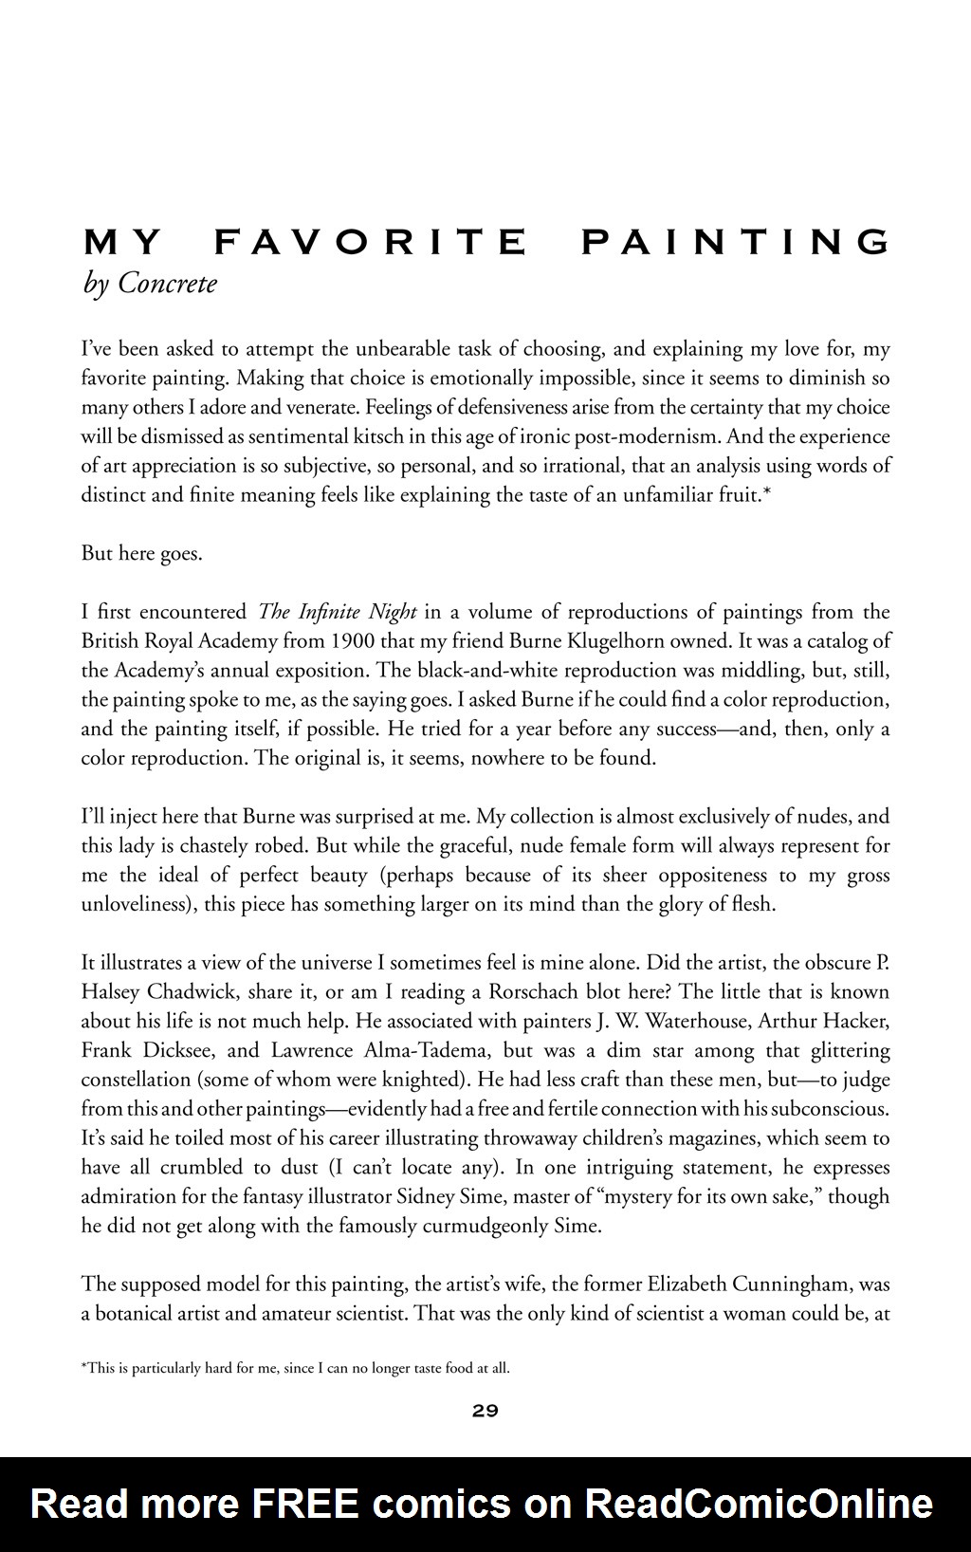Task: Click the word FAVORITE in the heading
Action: [x=370, y=243]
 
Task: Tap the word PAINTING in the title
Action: [x=736, y=243]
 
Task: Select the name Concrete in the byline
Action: [x=167, y=284]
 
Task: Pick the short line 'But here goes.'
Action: [x=141, y=553]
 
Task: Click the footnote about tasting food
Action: [x=296, y=1368]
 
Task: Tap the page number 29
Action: [x=485, y=1411]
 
